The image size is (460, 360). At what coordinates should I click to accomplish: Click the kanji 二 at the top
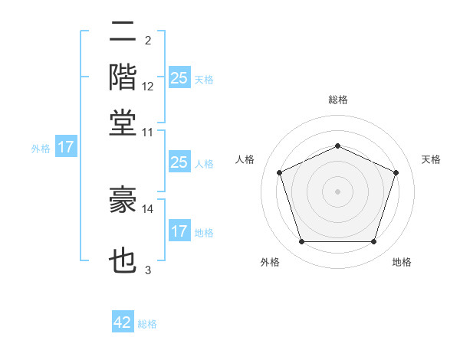[123, 32]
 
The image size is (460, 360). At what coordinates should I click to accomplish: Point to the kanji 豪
[123, 201]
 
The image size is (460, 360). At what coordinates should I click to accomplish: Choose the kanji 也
[123, 261]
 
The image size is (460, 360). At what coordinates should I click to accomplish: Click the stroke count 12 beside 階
[148, 87]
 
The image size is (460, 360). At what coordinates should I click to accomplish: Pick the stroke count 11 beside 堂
[148, 132]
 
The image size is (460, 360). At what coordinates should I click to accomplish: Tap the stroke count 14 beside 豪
[148, 208]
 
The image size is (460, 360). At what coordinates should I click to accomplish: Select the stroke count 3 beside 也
[148, 270]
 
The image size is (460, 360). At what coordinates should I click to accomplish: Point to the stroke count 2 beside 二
[148, 40]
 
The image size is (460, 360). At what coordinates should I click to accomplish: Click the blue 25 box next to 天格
[179, 78]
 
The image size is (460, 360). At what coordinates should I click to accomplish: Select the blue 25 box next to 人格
[179, 162]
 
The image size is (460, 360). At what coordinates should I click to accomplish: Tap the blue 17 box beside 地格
[179, 231]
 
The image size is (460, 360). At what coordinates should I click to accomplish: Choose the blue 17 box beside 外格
[66, 147]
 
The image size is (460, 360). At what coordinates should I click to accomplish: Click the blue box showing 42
[123, 322]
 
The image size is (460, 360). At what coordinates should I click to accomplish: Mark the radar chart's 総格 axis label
[337, 100]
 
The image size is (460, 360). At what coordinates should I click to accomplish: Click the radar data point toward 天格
[396, 172]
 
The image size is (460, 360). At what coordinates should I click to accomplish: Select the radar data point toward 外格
[301, 242]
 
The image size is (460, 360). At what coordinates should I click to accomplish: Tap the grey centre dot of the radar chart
[337, 191]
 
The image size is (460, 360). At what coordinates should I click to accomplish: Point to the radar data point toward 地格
[373, 242]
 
